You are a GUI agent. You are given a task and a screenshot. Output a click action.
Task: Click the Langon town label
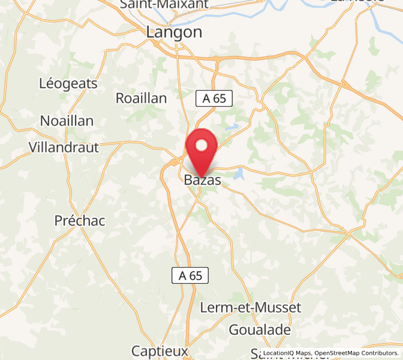175,32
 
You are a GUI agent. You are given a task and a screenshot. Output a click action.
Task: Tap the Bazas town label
202,179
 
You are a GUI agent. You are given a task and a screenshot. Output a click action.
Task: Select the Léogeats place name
68,83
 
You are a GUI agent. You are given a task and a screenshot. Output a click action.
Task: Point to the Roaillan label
141,98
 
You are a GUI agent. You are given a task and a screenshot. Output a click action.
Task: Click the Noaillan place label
67,121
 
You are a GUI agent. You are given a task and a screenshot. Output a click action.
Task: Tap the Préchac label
80,220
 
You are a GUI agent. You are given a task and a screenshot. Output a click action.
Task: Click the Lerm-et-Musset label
250,307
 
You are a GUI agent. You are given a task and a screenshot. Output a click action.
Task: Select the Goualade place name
260,329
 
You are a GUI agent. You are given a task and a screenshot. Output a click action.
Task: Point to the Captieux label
160,350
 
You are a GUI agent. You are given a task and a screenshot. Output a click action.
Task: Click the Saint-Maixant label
164,4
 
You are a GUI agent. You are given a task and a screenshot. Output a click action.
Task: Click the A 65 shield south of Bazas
191,275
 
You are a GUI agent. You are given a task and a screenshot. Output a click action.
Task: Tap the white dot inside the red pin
201,145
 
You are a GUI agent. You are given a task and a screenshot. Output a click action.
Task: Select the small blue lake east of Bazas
239,175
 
